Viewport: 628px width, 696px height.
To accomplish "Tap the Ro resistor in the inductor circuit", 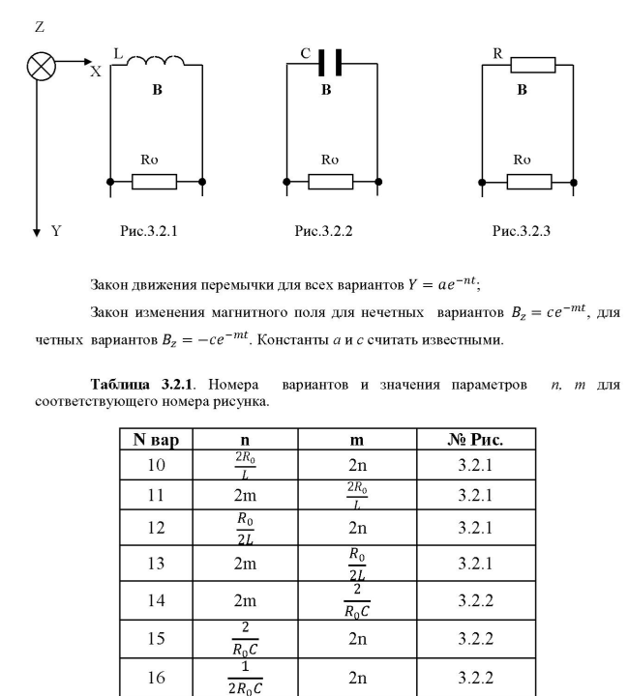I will tap(155, 181).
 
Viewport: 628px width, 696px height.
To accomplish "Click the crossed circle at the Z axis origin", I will tap(40, 67).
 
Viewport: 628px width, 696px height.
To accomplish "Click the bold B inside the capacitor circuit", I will tap(326, 90).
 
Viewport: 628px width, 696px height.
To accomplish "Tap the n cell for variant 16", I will tap(251, 682).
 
